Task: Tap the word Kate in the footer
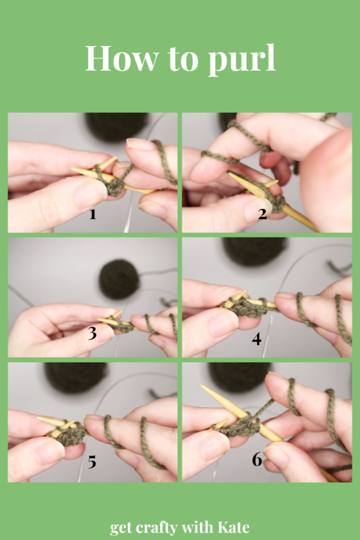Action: tap(233, 527)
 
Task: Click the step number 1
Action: tap(93, 214)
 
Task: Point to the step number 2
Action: tap(262, 214)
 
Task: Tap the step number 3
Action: tap(92, 333)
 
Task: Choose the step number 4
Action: tap(256, 339)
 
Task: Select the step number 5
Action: tap(92, 462)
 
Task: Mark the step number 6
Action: tap(257, 459)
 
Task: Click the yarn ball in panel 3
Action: tap(119, 279)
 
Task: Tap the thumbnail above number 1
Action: tap(91, 194)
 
